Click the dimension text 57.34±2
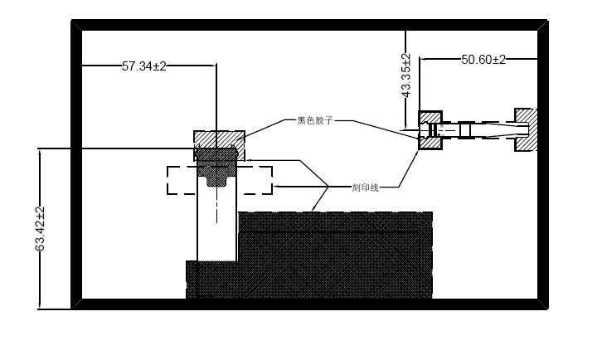coord(144,66)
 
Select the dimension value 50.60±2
coord(483,60)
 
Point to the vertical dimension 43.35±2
coord(406,75)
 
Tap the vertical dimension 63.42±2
coord(40,229)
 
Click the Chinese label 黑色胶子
coord(315,120)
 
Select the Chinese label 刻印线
coord(365,187)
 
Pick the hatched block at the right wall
coord(526,130)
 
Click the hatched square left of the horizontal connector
coord(430,130)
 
